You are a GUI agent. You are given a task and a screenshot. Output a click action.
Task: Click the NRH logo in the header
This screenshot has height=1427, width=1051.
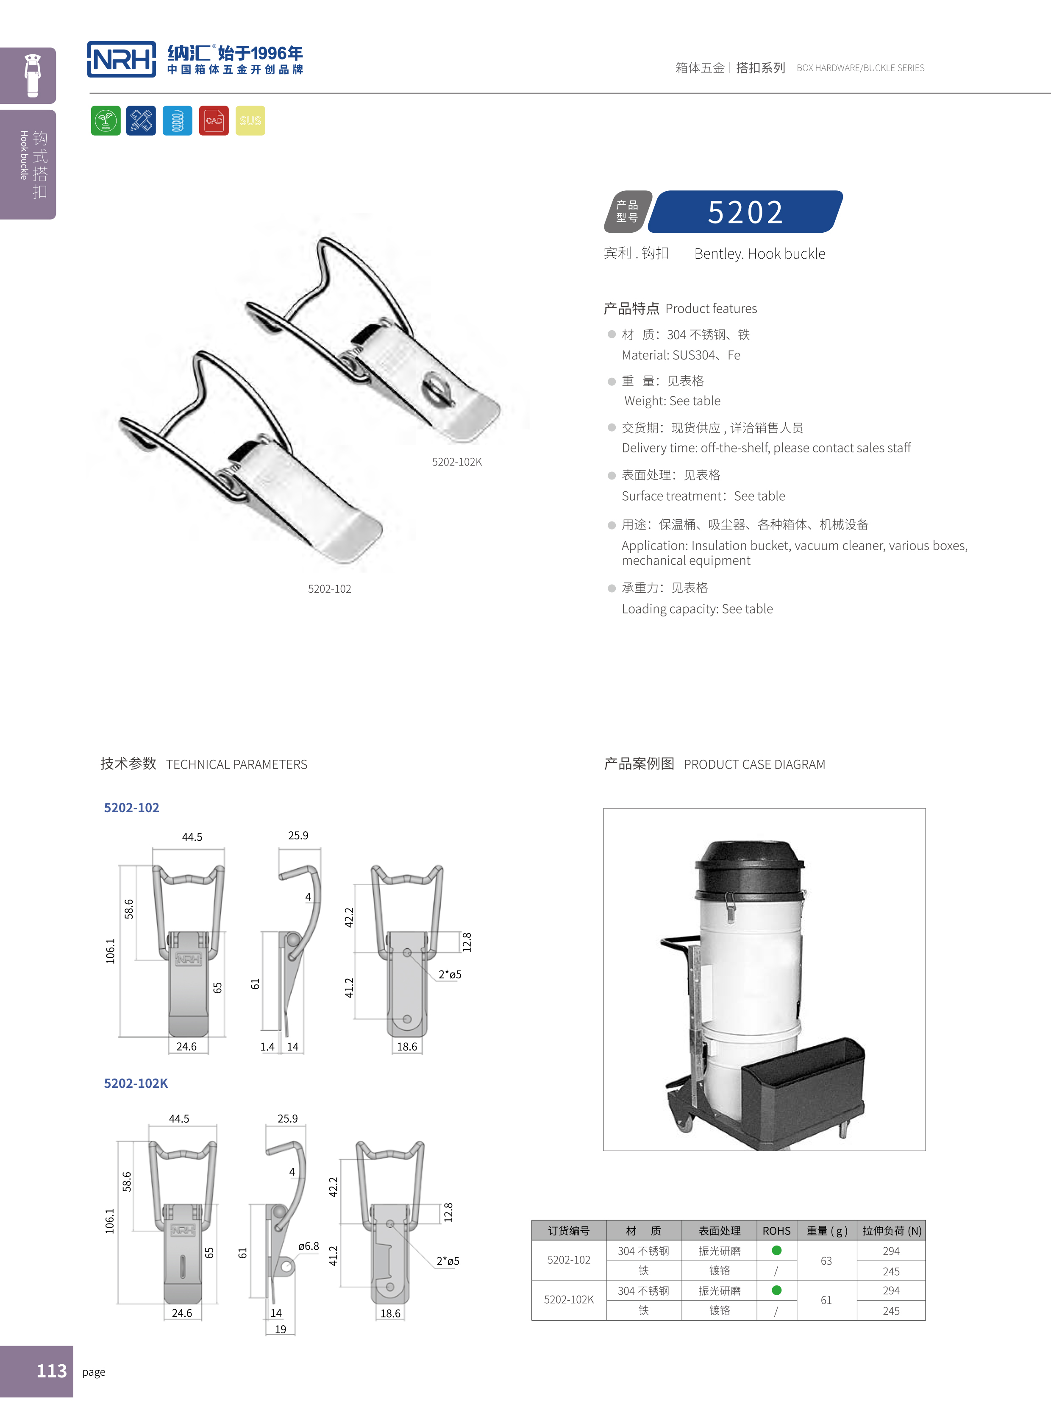coord(122,60)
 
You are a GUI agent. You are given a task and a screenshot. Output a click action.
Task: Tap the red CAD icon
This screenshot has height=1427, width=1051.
coord(214,121)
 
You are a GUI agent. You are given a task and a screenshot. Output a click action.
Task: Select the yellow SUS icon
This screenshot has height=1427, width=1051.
coord(250,121)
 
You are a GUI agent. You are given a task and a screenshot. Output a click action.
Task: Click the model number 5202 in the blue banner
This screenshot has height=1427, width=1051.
coord(745,212)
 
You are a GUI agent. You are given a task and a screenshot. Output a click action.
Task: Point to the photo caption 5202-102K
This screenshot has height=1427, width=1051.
coord(457,462)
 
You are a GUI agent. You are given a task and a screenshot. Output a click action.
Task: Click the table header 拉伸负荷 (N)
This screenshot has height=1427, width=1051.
coord(891,1231)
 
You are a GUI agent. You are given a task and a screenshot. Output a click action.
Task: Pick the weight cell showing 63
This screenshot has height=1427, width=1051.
coord(826,1261)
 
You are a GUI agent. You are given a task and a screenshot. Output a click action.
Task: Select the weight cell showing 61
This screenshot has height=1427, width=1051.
coord(826,1300)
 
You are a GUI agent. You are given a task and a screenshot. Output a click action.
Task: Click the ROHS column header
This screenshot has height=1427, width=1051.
coord(776,1231)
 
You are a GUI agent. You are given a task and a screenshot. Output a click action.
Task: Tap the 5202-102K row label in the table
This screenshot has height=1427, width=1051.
coord(569,1300)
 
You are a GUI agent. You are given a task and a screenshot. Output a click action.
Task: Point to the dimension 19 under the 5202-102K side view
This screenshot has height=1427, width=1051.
coord(281,1329)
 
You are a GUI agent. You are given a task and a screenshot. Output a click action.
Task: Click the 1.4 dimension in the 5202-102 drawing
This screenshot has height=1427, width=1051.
coord(267,1047)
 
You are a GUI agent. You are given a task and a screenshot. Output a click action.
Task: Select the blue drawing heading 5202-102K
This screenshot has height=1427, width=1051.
coord(136,1083)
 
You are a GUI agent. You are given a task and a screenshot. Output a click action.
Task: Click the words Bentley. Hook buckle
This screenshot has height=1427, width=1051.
coord(759,254)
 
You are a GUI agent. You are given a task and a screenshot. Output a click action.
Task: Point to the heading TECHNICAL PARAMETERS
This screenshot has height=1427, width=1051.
coord(236,764)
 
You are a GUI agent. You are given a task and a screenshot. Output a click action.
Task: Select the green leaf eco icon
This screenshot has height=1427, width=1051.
coord(106,121)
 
